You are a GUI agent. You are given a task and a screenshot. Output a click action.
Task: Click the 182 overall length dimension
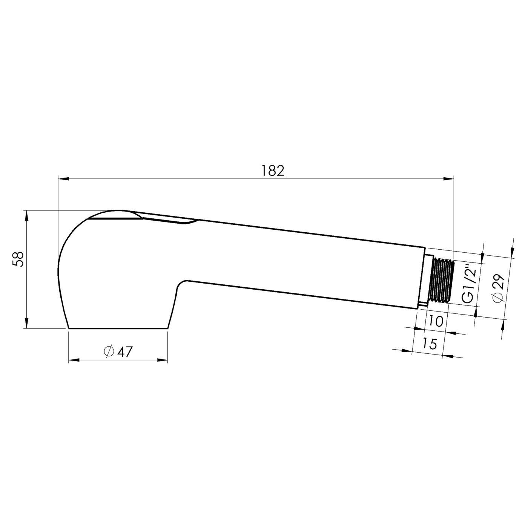[273, 171]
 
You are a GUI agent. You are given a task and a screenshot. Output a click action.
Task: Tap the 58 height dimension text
[19, 259]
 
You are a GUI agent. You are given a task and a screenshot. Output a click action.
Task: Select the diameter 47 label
[119, 351]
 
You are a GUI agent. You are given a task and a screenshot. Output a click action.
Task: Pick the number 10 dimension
[436, 321]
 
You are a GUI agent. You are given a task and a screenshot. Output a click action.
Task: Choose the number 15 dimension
[429, 344]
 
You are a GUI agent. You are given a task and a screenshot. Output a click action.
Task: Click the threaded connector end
[442, 281]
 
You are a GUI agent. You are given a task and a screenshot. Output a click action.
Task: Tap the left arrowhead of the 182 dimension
[63, 179]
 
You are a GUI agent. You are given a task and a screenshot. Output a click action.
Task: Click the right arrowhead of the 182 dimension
[448, 179]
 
